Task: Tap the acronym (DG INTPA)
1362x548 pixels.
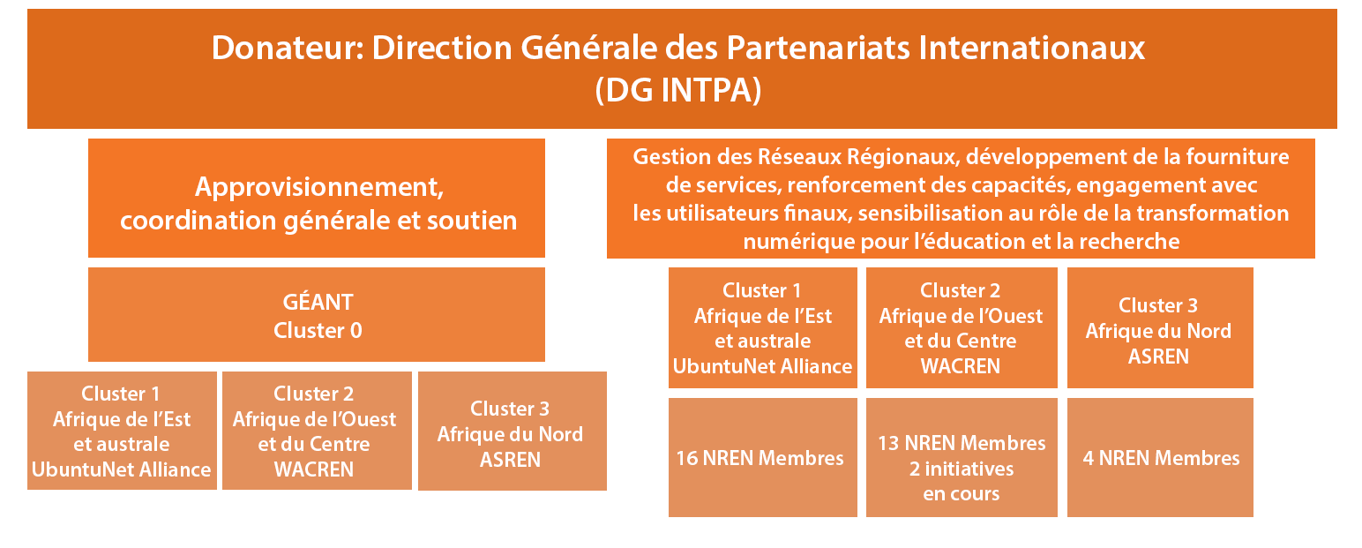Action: pyautogui.click(x=678, y=90)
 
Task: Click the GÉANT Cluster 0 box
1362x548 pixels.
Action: pyautogui.click(x=316, y=314)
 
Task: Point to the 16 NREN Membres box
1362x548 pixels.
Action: pyautogui.click(x=762, y=457)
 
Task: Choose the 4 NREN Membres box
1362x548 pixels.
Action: pyautogui.click(x=1160, y=457)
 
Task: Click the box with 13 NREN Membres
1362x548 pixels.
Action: pyautogui.click(x=962, y=457)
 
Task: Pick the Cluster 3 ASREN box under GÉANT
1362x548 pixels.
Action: pyautogui.click(x=512, y=431)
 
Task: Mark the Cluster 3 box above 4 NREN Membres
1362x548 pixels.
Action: pyautogui.click(x=1160, y=327)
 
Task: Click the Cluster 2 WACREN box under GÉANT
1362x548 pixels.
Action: pyautogui.click(x=317, y=431)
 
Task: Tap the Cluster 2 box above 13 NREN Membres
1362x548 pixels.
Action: pyautogui.click(x=962, y=327)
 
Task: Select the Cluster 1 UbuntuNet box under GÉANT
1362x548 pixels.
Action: pyautogui.click(x=122, y=431)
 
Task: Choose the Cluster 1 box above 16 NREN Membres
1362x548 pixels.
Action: pyautogui.click(x=762, y=327)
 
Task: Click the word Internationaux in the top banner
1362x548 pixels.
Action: pyautogui.click(x=1032, y=48)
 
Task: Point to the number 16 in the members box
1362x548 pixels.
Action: pyautogui.click(x=687, y=458)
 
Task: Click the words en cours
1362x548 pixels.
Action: pyautogui.click(x=961, y=494)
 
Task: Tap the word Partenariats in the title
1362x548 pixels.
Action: pyautogui.click(x=818, y=48)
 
